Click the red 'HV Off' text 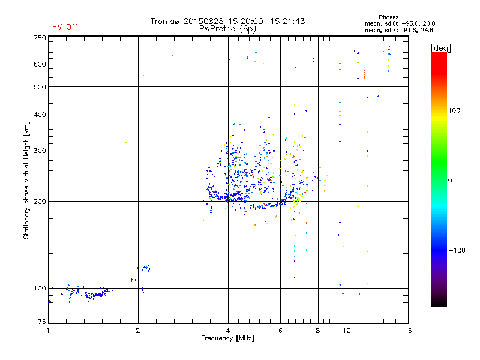[65, 27]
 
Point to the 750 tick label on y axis [40, 37]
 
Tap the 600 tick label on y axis [40, 64]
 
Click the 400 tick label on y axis [40, 115]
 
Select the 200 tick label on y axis [40, 202]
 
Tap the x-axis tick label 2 [138, 331]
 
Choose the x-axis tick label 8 [318, 331]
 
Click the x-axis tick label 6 [280, 331]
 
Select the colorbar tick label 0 [450, 180]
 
